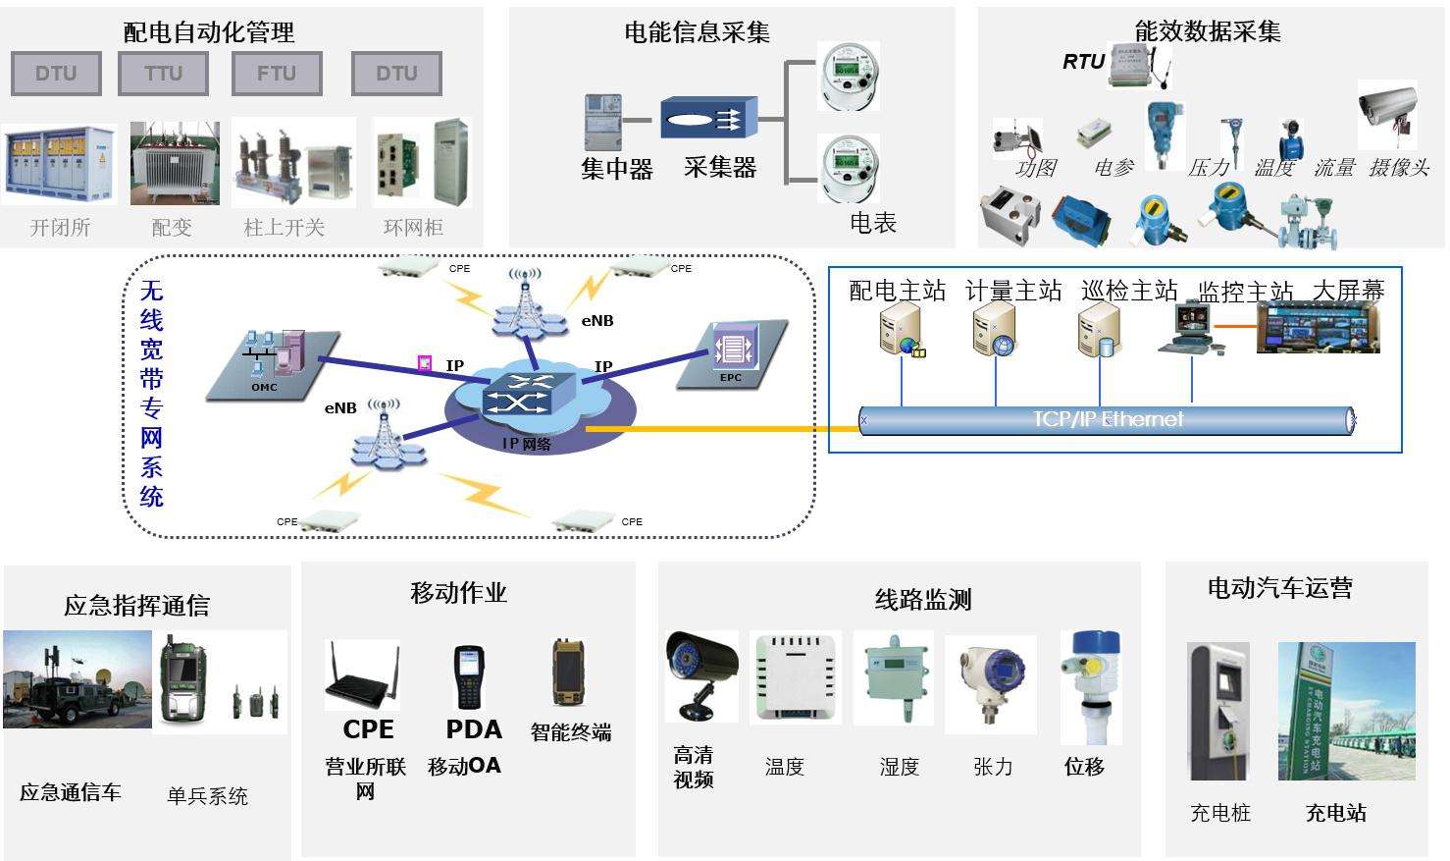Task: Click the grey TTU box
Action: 163,74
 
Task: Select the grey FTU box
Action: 277,74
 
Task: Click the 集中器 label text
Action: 617,169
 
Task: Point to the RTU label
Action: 1083,62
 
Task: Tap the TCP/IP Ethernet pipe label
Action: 1108,420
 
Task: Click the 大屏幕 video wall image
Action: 1318,328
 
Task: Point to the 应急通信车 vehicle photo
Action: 77,679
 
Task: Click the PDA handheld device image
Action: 469,677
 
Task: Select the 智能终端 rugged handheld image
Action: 568,673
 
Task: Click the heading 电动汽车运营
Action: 1279,589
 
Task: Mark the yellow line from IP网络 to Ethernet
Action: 721,429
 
